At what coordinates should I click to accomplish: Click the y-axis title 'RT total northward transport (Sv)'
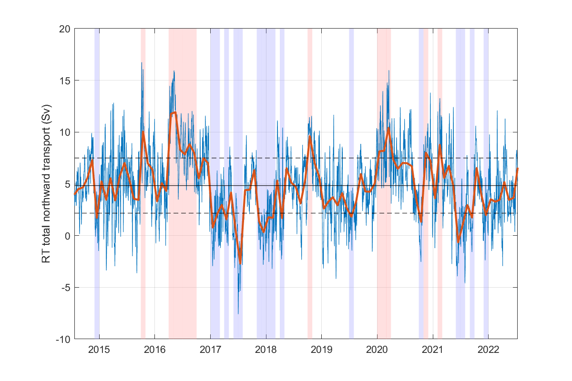tap(46, 184)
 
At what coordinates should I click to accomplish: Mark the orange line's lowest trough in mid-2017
tap(241, 261)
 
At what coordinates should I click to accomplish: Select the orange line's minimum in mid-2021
tap(458, 241)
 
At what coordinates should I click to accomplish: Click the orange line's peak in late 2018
tap(310, 137)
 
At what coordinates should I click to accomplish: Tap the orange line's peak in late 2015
tap(143, 132)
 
